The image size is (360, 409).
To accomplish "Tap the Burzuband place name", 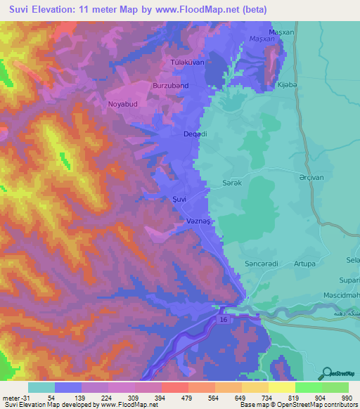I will pyautogui.click(x=170, y=86).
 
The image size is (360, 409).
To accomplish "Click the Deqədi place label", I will pyautogui.click(x=195, y=134).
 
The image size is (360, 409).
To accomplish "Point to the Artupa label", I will pyautogui.click(x=304, y=263).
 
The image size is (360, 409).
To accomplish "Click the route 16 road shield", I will pyautogui.click(x=223, y=319).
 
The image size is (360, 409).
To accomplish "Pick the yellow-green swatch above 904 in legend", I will pyautogui.click(x=309, y=387).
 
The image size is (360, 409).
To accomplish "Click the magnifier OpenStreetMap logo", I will pyautogui.click(x=326, y=373).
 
